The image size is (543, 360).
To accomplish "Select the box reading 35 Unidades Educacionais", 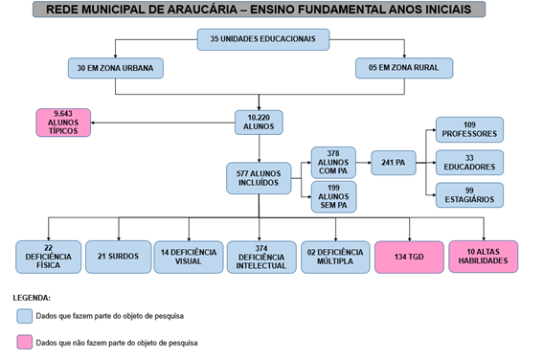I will click(x=263, y=39).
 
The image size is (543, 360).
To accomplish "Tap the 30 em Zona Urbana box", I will click(x=115, y=68).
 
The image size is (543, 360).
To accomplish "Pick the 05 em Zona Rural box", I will click(x=403, y=68).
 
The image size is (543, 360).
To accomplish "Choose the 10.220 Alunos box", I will click(x=260, y=122).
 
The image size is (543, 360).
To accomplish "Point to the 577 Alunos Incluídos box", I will click(x=257, y=178).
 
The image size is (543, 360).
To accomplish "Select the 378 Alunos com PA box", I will click(x=332, y=162).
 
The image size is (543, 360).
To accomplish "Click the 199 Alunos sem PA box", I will click(x=332, y=198).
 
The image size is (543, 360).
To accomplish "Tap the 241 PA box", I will click(x=393, y=163).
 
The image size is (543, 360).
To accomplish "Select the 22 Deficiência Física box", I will click(x=48, y=256).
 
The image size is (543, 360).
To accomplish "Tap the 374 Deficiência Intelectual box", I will click(x=260, y=256).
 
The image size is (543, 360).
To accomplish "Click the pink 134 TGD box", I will click(x=409, y=256).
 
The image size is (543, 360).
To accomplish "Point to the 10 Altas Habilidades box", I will click(x=484, y=256).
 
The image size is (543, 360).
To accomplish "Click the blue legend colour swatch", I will click(x=25, y=315).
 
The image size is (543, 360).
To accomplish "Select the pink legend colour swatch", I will click(x=25, y=342).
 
